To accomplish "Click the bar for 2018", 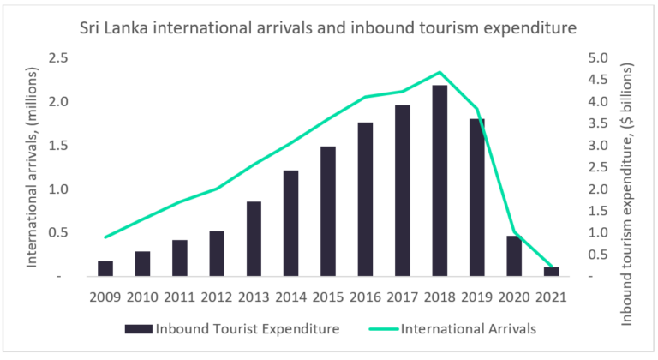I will click(x=440, y=181).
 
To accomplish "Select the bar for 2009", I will click(x=105, y=268).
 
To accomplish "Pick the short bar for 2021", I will click(x=552, y=272).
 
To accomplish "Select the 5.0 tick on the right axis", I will click(x=598, y=58).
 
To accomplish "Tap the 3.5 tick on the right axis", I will click(x=598, y=123).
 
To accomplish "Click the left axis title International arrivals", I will click(x=34, y=168).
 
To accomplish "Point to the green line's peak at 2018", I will click(x=440, y=72).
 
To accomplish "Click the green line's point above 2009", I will click(x=105, y=237).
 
